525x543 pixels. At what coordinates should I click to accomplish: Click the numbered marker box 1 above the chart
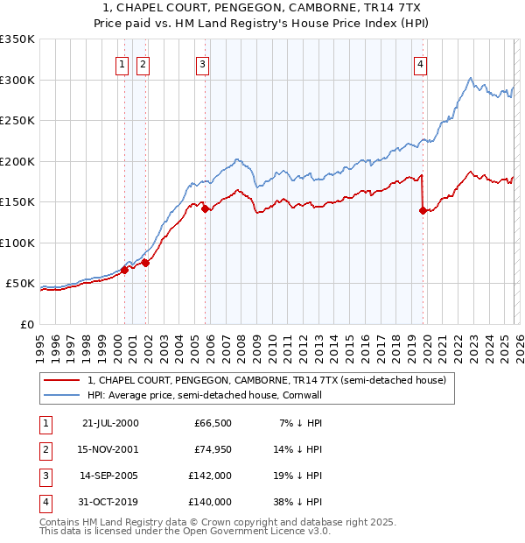click(121, 63)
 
